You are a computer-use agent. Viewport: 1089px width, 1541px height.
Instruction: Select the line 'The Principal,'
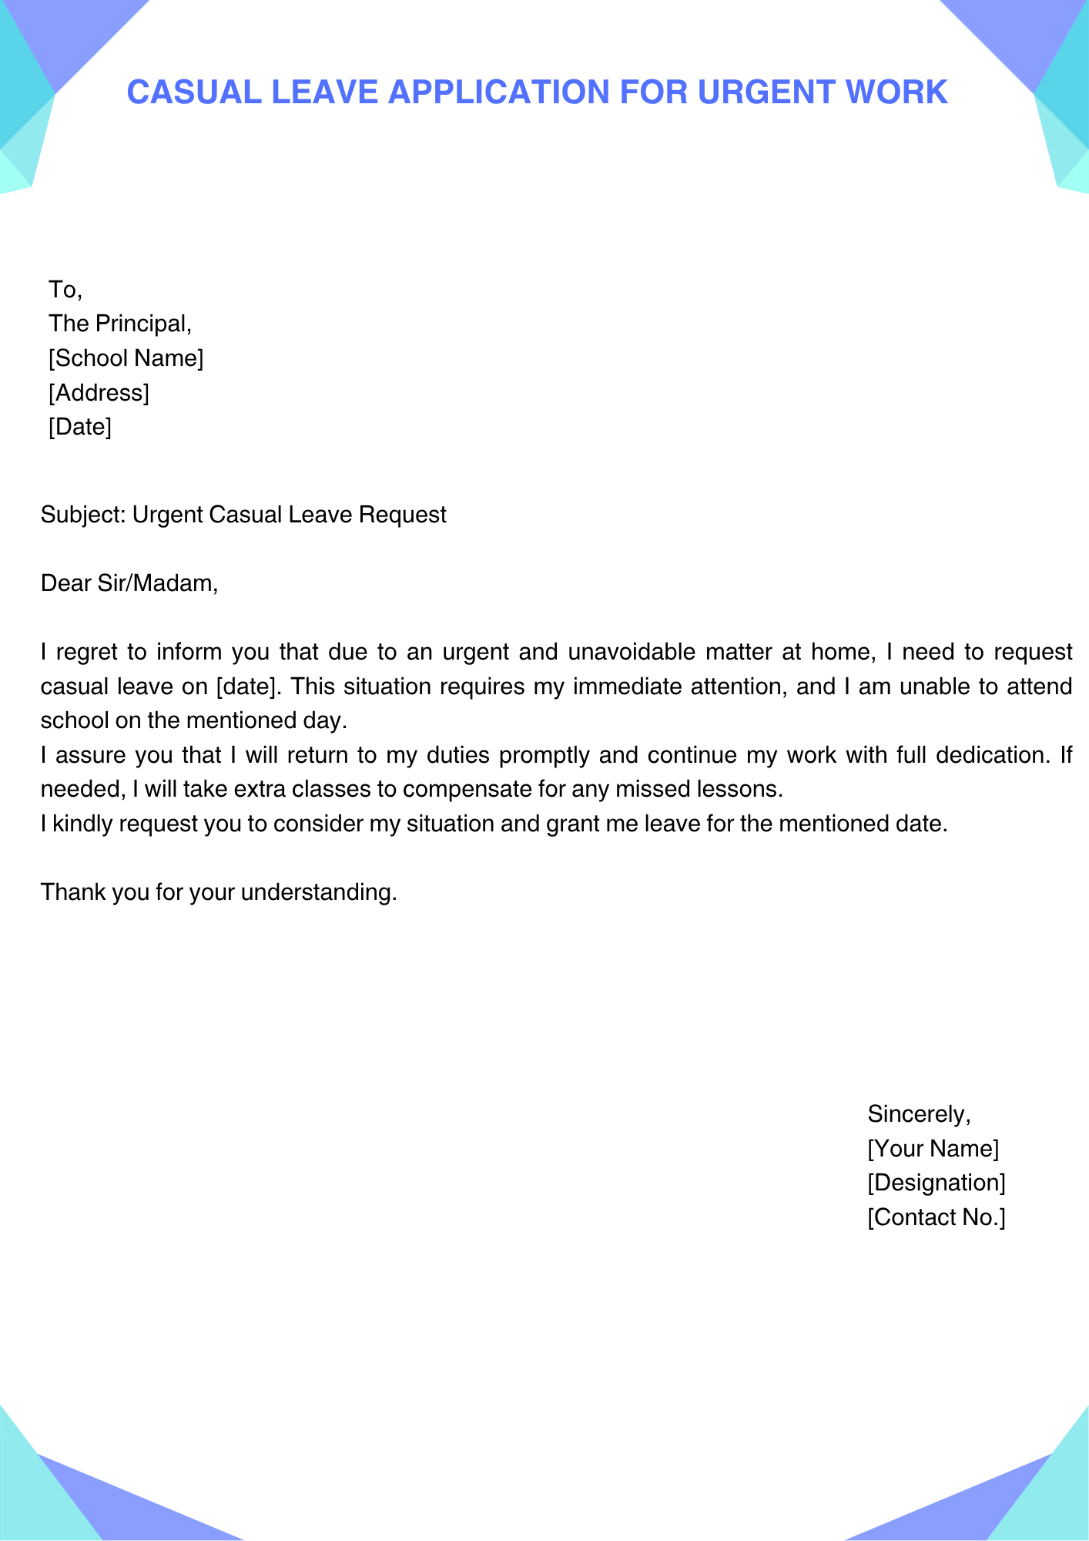119,324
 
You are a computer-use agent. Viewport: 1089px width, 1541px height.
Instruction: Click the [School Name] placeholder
126,358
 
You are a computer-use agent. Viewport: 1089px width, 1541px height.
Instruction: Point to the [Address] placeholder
99,393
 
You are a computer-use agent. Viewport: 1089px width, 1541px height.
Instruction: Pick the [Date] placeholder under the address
79,427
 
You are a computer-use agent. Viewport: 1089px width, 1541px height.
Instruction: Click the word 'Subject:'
82,515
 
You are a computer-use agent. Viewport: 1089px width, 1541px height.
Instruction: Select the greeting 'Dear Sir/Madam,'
129,583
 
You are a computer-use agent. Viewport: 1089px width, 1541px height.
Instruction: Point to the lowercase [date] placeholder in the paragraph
246,686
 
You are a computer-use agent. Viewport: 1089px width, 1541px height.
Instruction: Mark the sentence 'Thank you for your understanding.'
219,892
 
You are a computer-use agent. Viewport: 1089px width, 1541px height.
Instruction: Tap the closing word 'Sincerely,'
919,1114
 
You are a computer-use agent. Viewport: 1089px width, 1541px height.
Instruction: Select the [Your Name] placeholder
933,1149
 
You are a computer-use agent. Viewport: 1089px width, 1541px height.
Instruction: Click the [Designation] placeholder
936,1183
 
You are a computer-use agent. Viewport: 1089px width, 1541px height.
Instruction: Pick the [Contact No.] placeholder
936,1217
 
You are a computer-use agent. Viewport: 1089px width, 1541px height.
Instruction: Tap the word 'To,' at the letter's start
65,290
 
